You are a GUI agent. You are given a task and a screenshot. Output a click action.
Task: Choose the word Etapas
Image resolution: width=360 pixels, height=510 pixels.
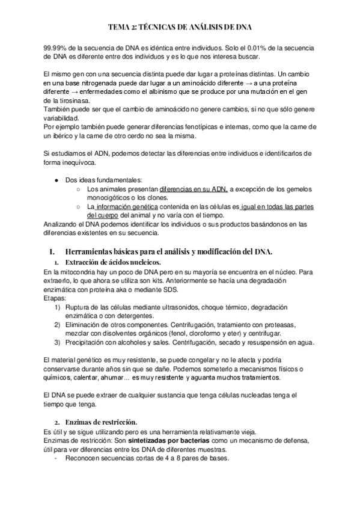56,298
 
